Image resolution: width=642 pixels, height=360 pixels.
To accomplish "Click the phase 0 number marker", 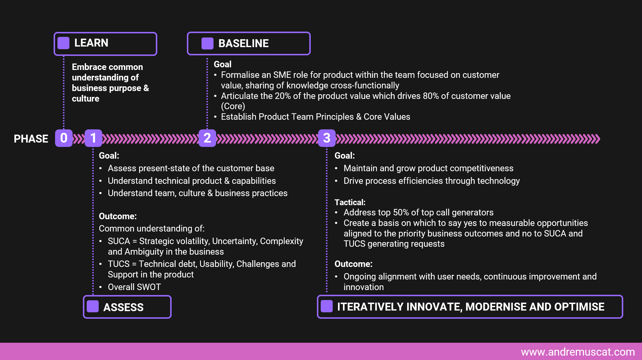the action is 64,138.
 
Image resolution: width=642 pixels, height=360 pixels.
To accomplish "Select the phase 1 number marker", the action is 93,138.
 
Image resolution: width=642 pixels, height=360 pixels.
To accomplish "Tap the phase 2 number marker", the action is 207,138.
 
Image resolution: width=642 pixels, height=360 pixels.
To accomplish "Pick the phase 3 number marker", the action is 327,138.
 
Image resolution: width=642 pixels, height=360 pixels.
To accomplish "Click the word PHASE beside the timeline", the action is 31,139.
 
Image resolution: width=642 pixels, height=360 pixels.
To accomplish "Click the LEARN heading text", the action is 91,43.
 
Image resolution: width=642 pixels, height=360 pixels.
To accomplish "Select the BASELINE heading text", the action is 244,43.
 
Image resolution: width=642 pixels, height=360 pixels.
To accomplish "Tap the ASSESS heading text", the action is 124,307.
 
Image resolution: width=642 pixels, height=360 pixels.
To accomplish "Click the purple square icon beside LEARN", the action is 64,43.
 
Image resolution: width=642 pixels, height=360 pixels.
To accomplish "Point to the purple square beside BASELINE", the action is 207,44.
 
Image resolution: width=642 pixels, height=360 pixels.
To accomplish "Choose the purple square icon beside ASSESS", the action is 93,306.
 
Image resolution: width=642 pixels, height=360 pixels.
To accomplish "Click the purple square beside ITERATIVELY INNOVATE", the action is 327,306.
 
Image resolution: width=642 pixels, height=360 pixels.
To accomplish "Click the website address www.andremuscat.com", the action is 578,352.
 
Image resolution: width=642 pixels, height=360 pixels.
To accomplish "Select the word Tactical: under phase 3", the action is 350,202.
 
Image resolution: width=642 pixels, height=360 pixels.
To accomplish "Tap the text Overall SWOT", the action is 134,287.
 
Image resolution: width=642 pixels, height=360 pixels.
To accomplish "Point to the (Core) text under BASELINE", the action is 233,106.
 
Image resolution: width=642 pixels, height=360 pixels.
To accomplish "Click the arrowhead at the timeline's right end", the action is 597,139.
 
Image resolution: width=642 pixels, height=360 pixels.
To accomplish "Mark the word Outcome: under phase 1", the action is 118,216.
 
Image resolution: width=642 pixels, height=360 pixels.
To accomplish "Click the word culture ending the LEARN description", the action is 86,99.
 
